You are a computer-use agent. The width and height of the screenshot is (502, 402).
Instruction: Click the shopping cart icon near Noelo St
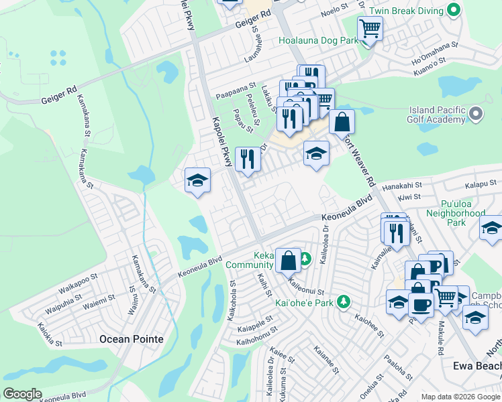coord(370,29)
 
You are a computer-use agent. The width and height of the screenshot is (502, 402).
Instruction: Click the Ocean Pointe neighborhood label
coord(132,339)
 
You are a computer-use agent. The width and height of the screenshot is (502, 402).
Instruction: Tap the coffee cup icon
coord(421,304)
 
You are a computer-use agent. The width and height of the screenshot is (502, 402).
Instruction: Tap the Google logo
coord(22,393)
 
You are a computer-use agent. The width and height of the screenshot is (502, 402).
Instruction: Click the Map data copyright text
coord(460,397)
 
